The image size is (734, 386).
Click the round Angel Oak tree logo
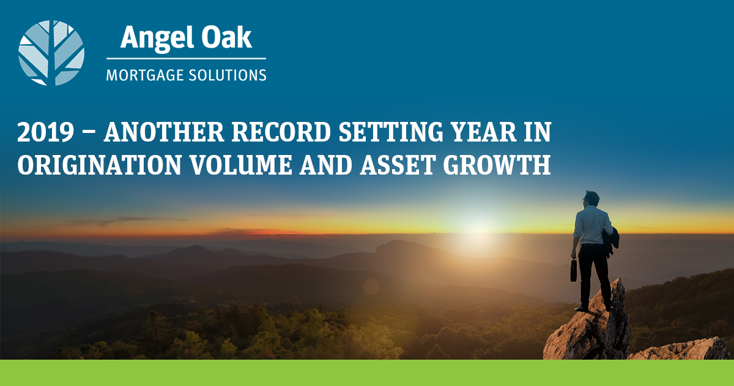[51, 53]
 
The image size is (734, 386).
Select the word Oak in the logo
[226, 37]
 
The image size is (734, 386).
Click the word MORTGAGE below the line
[145, 75]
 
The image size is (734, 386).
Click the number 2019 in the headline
[45, 132]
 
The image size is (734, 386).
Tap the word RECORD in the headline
[281, 132]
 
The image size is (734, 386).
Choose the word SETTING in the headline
[391, 132]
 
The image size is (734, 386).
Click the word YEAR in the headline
[483, 132]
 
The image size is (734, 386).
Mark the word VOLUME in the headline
[241, 164]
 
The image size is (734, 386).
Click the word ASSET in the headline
[398, 164]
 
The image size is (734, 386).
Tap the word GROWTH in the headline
[497, 164]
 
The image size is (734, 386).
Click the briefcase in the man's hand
[574, 270]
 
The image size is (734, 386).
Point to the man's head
[591, 199]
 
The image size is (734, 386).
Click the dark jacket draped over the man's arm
[610, 241]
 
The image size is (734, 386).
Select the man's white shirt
[593, 226]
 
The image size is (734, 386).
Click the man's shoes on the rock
[593, 309]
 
